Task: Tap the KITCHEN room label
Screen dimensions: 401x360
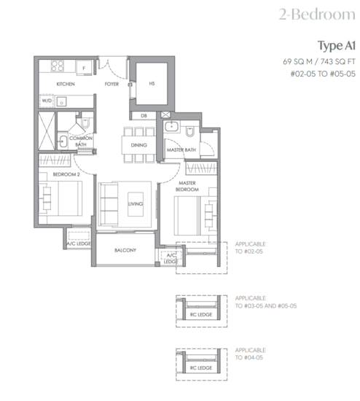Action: pyautogui.click(x=67, y=85)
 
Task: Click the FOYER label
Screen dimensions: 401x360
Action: pyautogui.click(x=111, y=85)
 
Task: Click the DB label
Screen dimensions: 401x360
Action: pyautogui.click(x=144, y=115)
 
